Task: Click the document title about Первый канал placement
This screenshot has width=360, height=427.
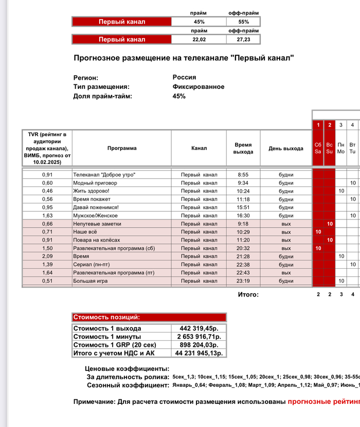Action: point(184,58)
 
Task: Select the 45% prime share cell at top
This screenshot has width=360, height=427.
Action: point(199,22)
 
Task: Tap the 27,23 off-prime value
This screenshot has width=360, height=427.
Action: point(243,39)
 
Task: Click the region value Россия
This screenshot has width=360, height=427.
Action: point(184,77)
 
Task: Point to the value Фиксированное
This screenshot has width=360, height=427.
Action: point(199,87)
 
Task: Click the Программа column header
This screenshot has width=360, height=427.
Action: point(122,148)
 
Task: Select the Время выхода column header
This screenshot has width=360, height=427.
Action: point(243,148)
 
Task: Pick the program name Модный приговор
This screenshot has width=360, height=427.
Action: point(95,183)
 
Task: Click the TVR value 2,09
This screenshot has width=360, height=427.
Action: point(47,256)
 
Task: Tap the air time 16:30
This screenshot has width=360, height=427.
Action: point(243,215)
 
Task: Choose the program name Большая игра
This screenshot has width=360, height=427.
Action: point(92,281)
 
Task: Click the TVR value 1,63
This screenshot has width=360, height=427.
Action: point(47,215)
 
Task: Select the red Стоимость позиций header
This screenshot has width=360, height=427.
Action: point(149,318)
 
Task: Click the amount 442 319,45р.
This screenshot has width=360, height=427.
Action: point(199,328)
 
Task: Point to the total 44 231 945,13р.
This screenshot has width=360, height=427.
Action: point(199,354)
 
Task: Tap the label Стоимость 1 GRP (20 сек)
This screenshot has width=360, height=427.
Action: point(116,345)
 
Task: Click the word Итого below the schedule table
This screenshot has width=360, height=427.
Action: point(248,294)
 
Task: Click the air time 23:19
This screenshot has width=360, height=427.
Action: point(243,281)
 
